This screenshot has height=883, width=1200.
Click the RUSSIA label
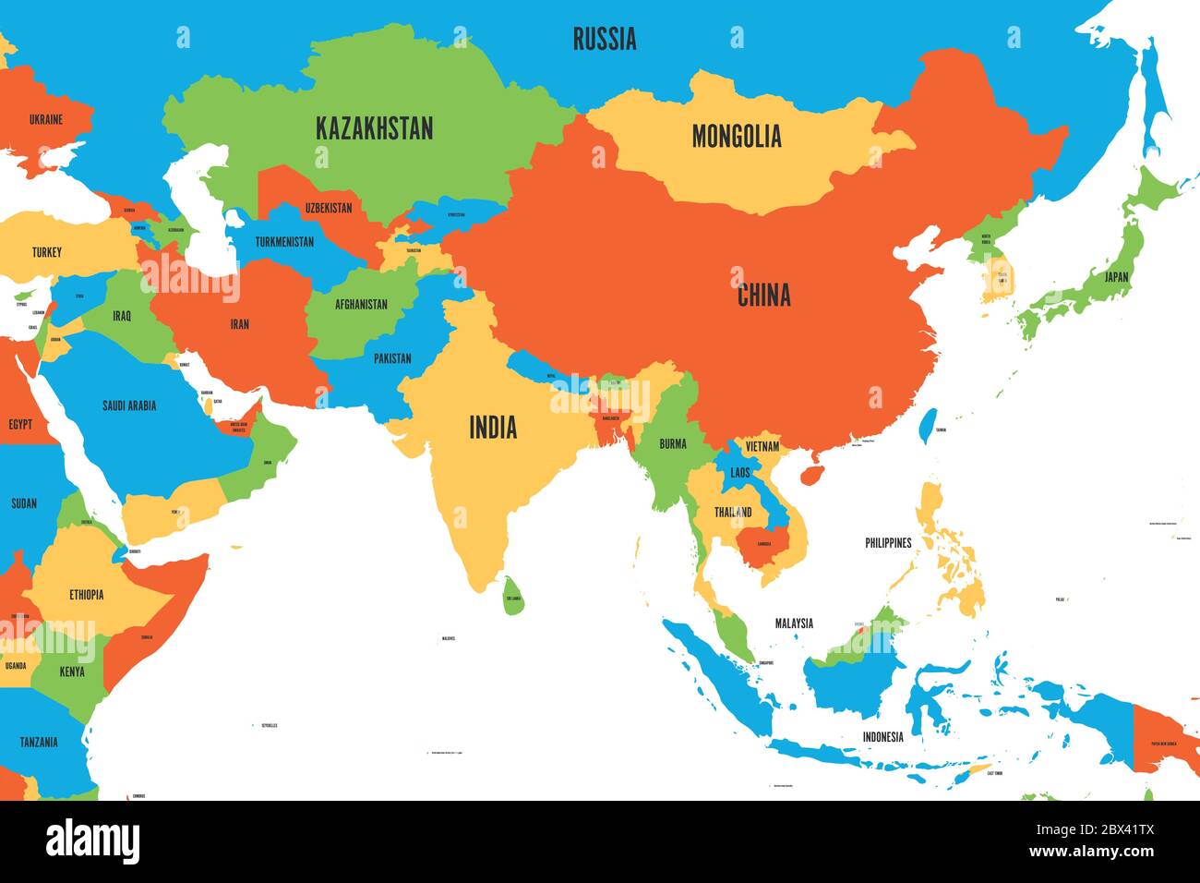[x=604, y=39]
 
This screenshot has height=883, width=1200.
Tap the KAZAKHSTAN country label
[x=374, y=128]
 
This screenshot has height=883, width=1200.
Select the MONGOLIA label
[x=737, y=137]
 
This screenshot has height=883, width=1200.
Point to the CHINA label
[x=763, y=296]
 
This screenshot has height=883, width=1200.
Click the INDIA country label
[x=493, y=428]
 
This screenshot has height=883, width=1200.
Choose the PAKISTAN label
[x=392, y=358]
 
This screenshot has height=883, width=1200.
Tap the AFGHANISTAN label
[x=361, y=304]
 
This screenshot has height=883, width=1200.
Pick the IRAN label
[x=240, y=324]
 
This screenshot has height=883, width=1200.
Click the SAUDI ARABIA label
[x=129, y=405]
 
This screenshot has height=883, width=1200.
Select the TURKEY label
[x=47, y=252]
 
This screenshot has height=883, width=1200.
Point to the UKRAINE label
[x=46, y=119]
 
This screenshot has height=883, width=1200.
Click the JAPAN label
[x=1116, y=276]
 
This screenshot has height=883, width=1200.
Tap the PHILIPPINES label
[x=888, y=543]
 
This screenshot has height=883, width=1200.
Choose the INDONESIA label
[x=882, y=737]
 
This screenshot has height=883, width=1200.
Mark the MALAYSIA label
[x=794, y=623]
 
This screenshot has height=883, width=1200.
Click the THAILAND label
[x=733, y=512]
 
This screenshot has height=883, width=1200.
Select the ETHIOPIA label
[x=86, y=595]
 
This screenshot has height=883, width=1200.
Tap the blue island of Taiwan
[x=928, y=425]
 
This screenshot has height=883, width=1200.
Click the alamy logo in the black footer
[x=92, y=842]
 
